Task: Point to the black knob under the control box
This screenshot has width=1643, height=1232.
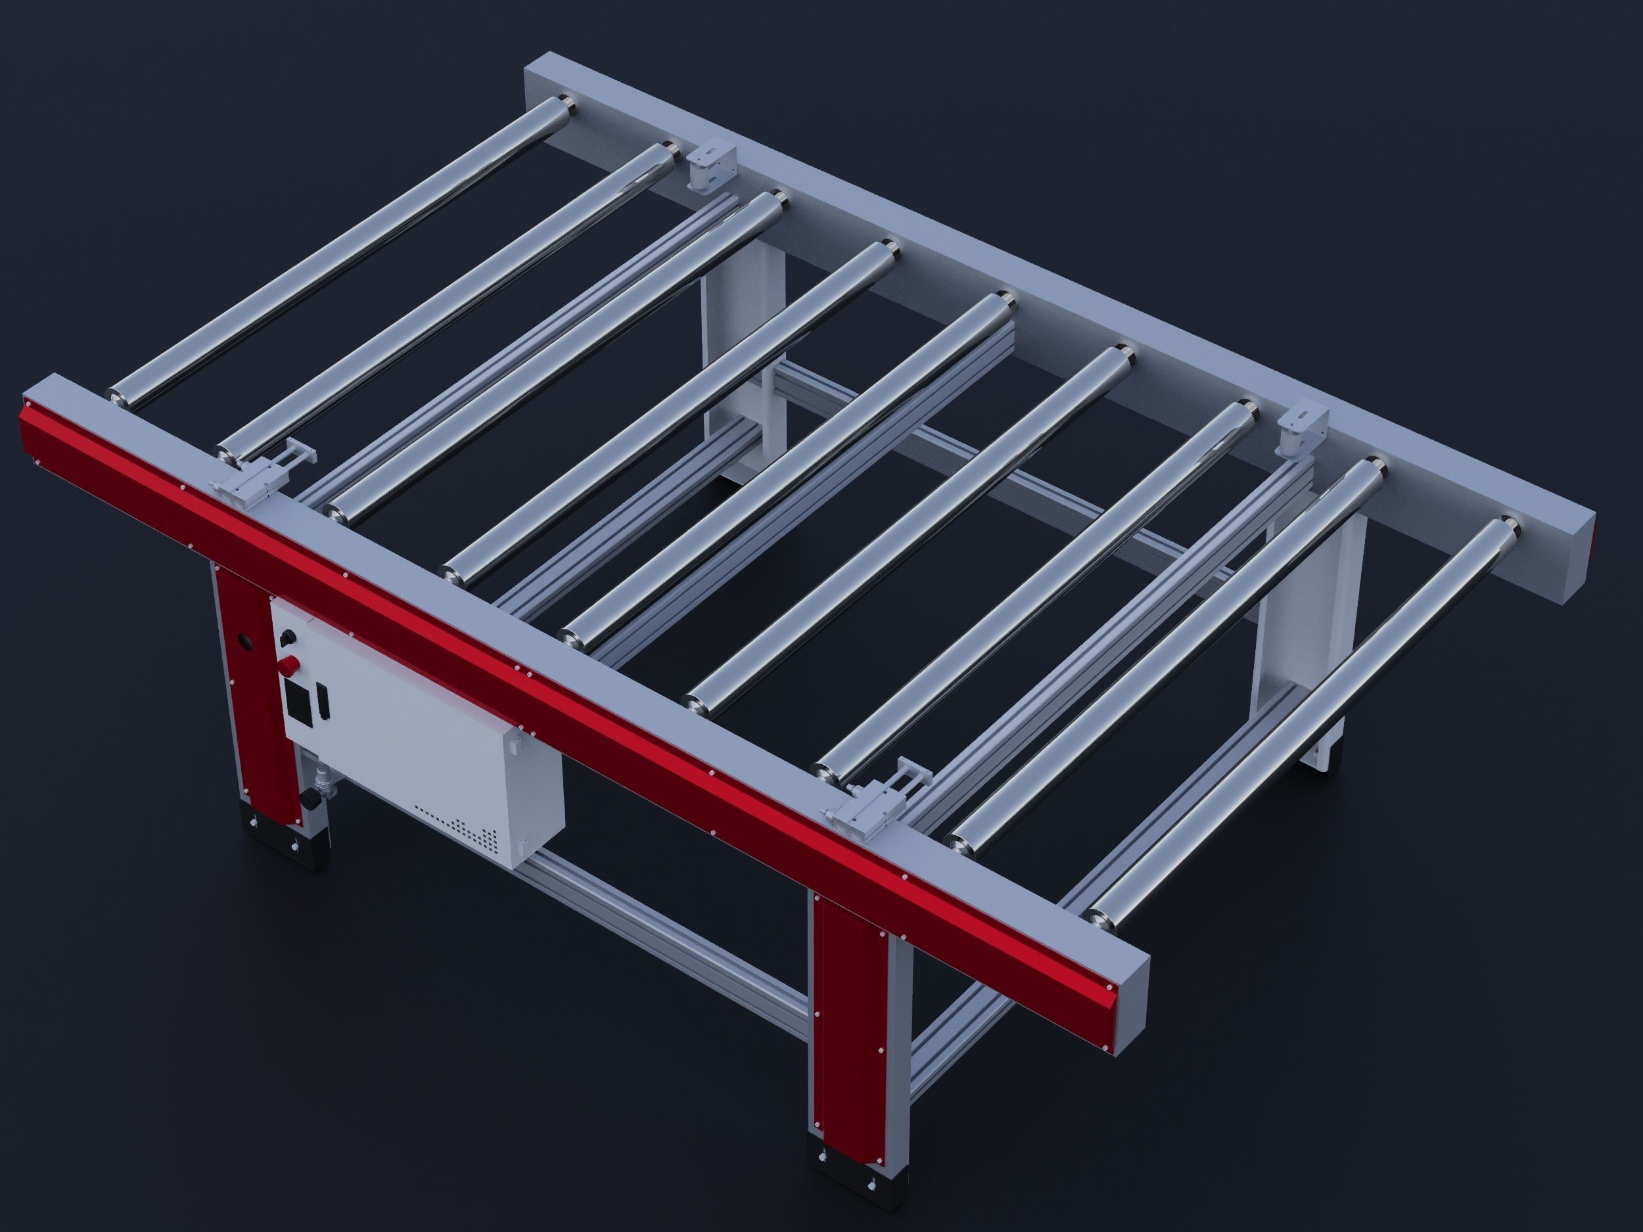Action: [307, 800]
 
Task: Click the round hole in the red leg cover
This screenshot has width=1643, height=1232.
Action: [244, 639]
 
